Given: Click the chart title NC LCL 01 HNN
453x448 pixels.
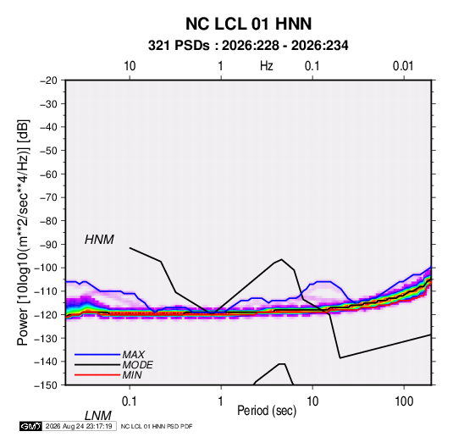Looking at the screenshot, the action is pyautogui.click(x=248, y=24).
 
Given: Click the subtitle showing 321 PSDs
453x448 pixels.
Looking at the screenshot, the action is pyautogui.click(x=248, y=46).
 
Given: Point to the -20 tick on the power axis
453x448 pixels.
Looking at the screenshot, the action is pyautogui.click(x=48, y=80).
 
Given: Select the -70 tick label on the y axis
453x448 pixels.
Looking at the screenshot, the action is pyautogui.click(x=48, y=197).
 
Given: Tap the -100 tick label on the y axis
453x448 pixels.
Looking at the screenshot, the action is pyautogui.click(x=47, y=268).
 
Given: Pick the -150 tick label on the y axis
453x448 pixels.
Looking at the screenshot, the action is pyautogui.click(x=47, y=385).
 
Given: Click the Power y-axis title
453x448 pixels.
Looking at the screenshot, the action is pyautogui.click(x=23, y=233).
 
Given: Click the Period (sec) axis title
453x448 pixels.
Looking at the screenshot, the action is pyautogui.click(x=267, y=411).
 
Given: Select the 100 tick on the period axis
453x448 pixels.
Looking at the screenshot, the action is pyautogui.click(x=404, y=401).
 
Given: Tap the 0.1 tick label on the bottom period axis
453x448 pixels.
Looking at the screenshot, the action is pyautogui.click(x=130, y=401).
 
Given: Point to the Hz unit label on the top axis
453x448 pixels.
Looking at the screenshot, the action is pyautogui.click(x=267, y=66).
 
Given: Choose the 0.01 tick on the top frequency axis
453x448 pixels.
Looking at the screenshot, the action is pyautogui.click(x=403, y=66).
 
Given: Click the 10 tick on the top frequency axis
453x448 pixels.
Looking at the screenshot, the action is pyautogui.click(x=130, y=66).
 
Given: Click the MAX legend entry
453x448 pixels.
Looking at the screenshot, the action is pyautogui.click(x=134, y=355).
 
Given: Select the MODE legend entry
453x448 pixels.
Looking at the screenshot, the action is pyautogui.click(x=137, y=365).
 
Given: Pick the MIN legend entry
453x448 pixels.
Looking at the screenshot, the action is pyautogui.click(x=132, y=375).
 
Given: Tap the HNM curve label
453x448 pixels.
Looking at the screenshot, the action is pyautogui.click(x=99, y=240).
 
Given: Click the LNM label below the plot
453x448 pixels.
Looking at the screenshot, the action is pyautogui.click(x=97, y=416).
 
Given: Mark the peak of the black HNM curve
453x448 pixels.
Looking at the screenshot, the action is pyautogui.click(x=281, y=259).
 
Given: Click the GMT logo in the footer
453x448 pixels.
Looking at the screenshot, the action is pyautogui.click(x=30, y=426).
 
